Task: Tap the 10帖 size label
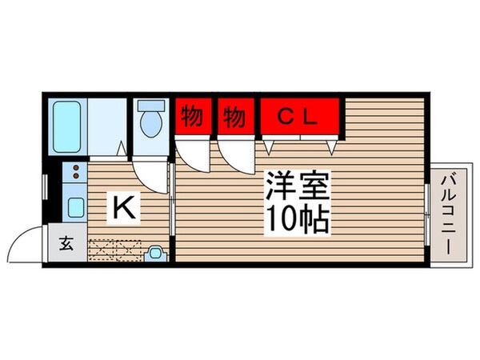[296, 217]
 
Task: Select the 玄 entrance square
[67, 244]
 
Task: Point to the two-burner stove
[74, 172]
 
